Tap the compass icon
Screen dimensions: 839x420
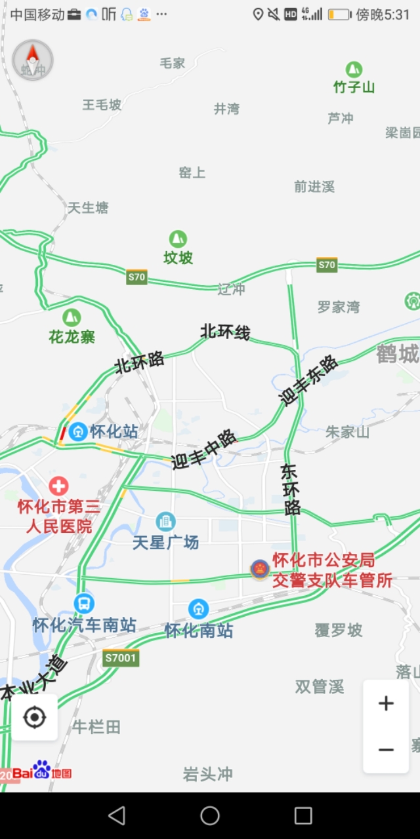point(33,60)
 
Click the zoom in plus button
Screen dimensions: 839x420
point(386,703)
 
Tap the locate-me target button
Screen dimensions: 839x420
point(34,718)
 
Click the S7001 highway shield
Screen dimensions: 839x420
point(121,657)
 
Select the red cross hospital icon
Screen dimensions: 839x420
point(58,486)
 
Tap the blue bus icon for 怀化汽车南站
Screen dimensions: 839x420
point(84,603)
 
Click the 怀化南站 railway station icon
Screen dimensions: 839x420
point(199,609)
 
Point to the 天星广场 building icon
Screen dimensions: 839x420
point(165,522)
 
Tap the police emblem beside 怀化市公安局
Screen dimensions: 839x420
point(260,569)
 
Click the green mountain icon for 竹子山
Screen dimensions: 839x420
point(354,69)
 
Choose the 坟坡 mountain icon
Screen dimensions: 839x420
point(178,239)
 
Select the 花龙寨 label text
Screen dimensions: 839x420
point(72,337)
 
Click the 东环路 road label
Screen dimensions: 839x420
point(291,489)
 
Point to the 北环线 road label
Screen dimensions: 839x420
point(225,331)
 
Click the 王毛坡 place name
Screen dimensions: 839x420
point(102,104)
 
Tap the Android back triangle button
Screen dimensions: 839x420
point(117,815)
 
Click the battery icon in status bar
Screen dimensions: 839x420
point(339,14)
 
